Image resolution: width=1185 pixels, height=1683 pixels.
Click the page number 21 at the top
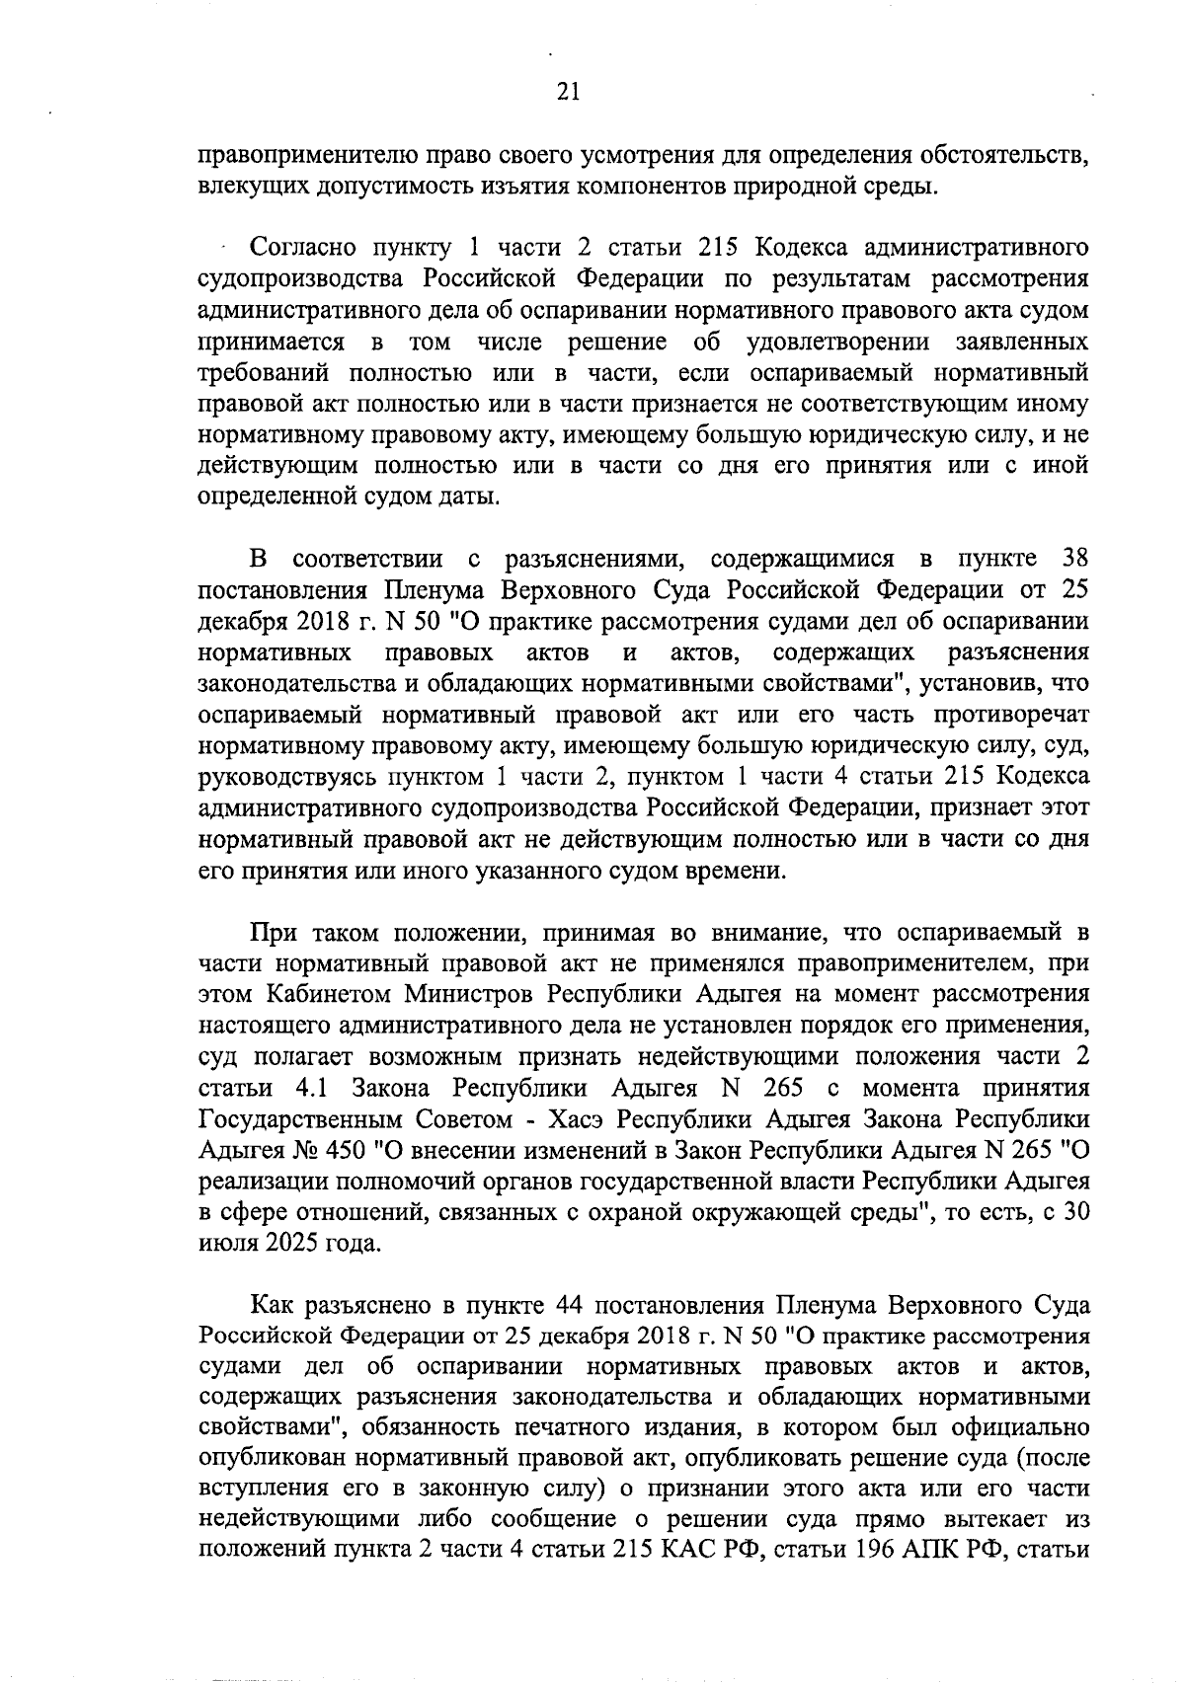[569, 93]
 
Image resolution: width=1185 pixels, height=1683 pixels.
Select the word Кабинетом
[320, 993]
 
